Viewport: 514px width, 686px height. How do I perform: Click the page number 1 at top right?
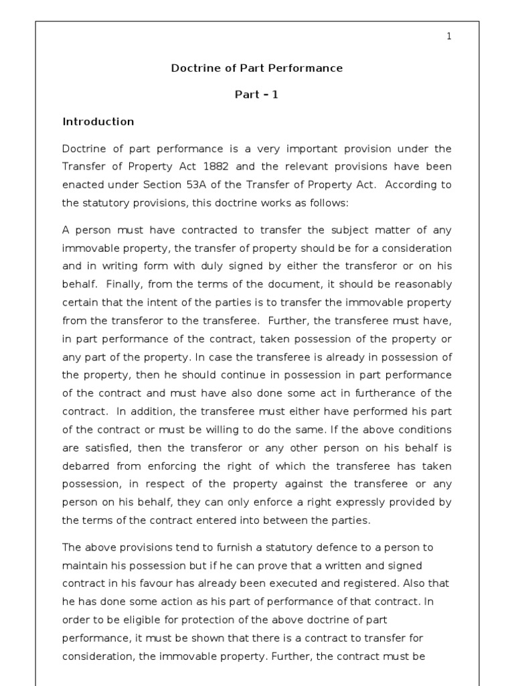pos(449,36)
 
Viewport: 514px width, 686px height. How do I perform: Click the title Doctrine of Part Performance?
pos(257,68)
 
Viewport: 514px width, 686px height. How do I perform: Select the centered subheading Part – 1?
pos(256,94)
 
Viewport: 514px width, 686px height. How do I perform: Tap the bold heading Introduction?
pos(98,121)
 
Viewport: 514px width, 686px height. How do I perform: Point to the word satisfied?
pos(108,447)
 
